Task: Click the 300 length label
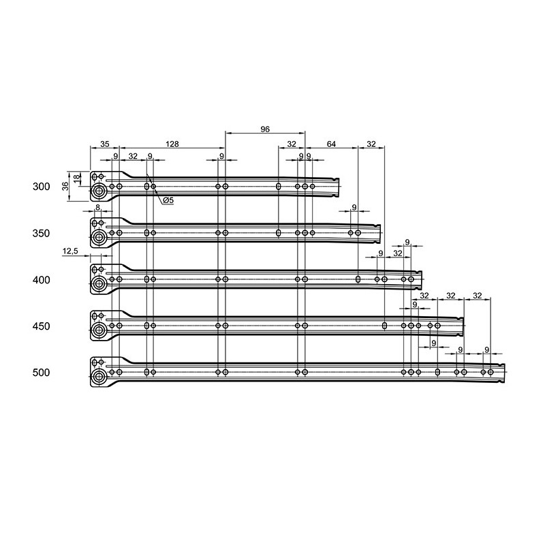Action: point(42,187)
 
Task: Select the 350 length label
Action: point(42,233)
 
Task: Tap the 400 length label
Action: point(42,280)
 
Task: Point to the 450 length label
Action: point(42,326)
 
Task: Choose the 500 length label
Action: point(42,373)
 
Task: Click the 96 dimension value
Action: point(265,129)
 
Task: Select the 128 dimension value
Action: point(172,144)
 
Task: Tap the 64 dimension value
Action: point(331,144)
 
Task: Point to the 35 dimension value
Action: point(105,144)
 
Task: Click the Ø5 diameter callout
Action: point(168,200)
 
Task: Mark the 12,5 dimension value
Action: point(71,251)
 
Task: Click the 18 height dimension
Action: point(77,178)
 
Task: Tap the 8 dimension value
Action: point(97,207)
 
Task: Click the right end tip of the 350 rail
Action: point(381,233)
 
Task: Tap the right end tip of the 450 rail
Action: point(464,326)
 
